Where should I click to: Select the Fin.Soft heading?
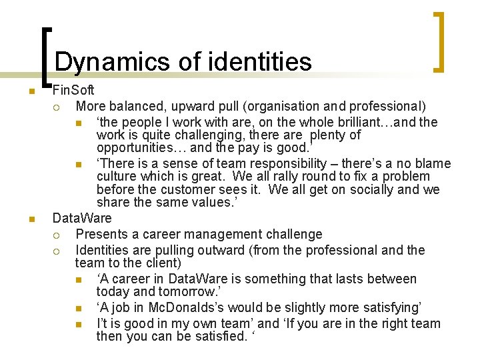point(73,90)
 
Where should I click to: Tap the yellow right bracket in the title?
point(438,41)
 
